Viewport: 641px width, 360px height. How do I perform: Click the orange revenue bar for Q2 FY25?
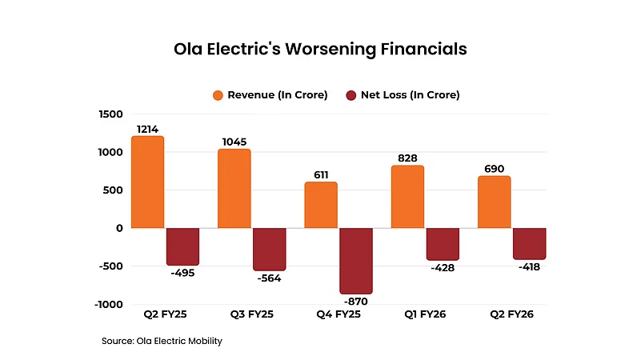click(147, 182)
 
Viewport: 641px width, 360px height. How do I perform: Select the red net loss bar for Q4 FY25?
click(356, 261)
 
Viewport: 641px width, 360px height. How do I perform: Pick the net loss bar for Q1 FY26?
click(443, 244)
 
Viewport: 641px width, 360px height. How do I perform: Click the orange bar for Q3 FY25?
click(234, 189)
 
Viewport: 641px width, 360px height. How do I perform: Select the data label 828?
click(407, 159)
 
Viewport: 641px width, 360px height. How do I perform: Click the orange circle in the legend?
click(218, 95)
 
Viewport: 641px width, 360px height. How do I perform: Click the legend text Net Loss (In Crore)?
click(410, 95)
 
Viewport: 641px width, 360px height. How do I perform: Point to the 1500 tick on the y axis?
click(110, 114)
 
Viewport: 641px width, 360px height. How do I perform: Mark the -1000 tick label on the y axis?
click(108, 305)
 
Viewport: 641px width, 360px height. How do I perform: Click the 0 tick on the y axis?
click(118, 229)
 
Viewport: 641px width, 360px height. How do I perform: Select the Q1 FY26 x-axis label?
click(426, 314)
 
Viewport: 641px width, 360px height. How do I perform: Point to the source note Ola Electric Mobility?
click(162, 342)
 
